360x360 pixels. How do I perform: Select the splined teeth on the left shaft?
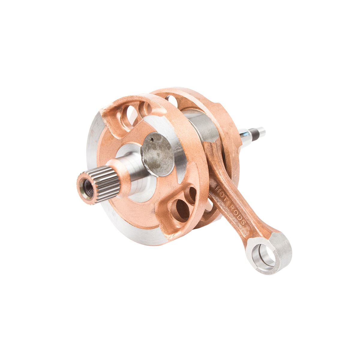[x=106, y=184]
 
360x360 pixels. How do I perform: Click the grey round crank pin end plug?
[x=158, y=154]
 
